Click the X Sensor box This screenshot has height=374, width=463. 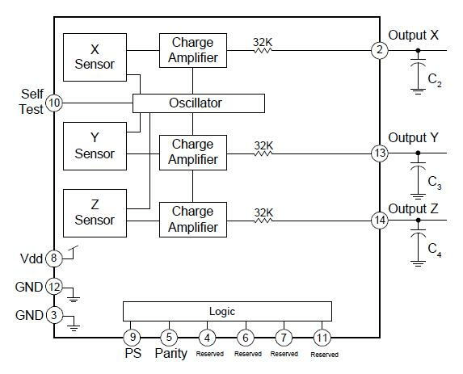click(x=95, y=57)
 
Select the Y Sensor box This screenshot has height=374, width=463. click(x=95, y=146)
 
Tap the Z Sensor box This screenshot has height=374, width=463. click(x=95, y=213)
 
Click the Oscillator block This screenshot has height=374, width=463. click(x=199, y=103)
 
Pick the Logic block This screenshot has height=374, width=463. click(x=227, y=312)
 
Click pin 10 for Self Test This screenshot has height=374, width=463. click(x=54, y=103)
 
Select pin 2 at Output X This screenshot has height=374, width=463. click(x=380, y=50)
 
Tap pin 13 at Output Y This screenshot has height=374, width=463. click(x=380, y=153)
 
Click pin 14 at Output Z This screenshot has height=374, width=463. click(x=380, y=221)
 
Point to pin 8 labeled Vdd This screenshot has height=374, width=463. click(x=54, y=258)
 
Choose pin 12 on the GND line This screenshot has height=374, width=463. click(x=54, y=287)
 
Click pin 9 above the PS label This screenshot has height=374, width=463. click(x=132, y=337)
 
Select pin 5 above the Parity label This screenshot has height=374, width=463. click(x=169, y=337)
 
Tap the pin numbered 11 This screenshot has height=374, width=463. click(x=322, y=338)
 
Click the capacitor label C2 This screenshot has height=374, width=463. click(x=435, y=80)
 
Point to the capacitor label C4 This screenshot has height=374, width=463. click(x=435, y=250)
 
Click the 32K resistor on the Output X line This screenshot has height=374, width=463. click(x=263, y=50)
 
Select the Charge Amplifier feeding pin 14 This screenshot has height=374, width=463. click(x=193, y=220)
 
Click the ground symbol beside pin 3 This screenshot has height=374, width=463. click(x=74, y=328)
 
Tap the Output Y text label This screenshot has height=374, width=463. click(x=413, y=138)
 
